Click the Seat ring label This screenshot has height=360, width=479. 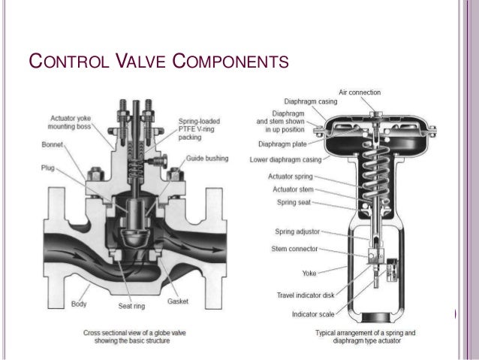point(131,306)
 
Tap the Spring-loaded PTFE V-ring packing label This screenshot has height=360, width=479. point(200,129)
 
